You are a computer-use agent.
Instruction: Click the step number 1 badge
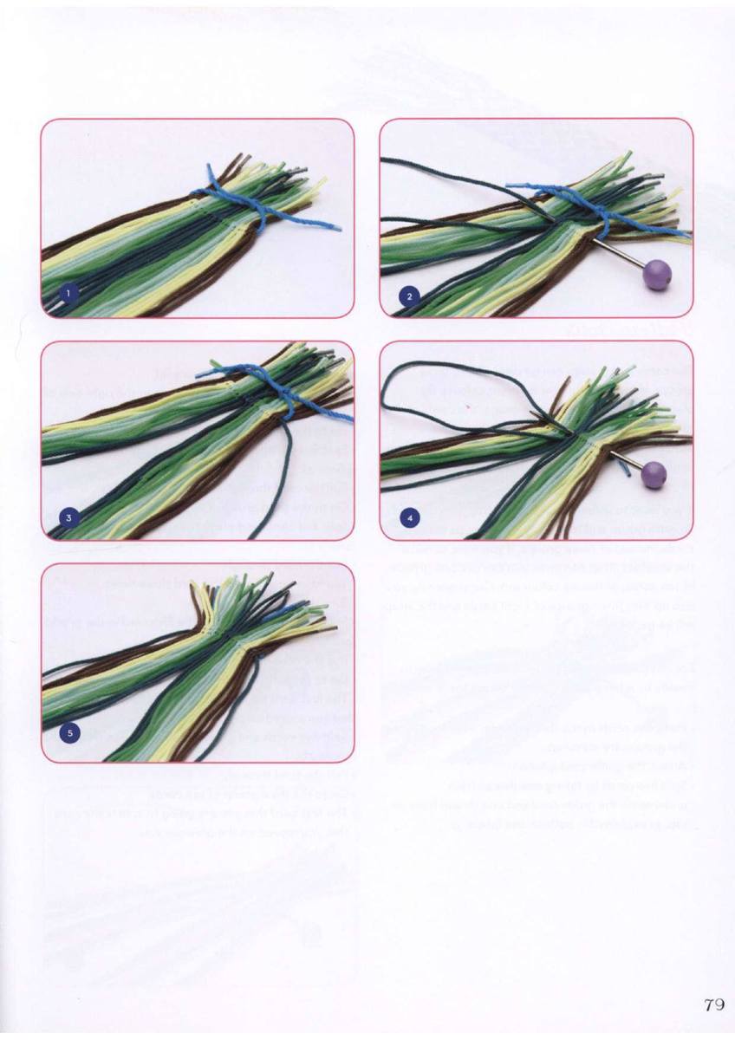pyautogui.click(x=68, y=294)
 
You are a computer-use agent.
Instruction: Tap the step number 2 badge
pyautogui.click(x=409, y=296)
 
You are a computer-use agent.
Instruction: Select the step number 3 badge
pyautogui.click(x=68, y=518)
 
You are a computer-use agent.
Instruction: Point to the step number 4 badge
pyautogui.click(x=409, y=517)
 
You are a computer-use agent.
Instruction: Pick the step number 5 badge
pyautogui.click(x=70, y=733)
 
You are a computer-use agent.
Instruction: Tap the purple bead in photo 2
pyautogui.click(x=655, y=275)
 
